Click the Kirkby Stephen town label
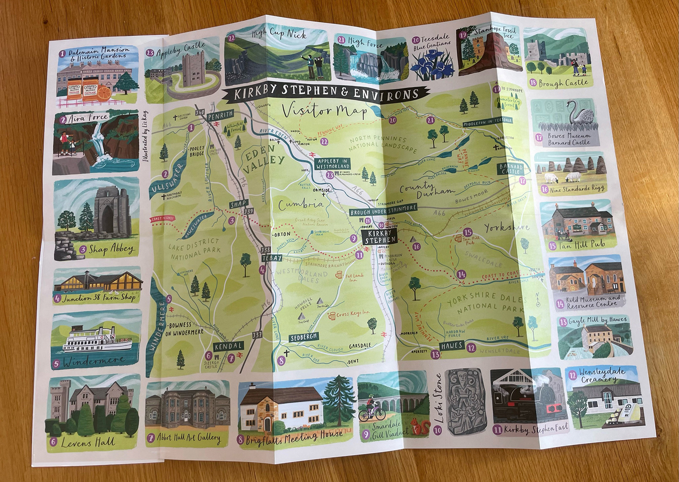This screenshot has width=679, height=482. [x=380, y=236]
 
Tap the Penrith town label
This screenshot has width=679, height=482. [x=220, y=114]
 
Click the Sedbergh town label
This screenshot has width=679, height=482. [x=303, y=337]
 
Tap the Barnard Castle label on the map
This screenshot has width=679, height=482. [x=511, y=169]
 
